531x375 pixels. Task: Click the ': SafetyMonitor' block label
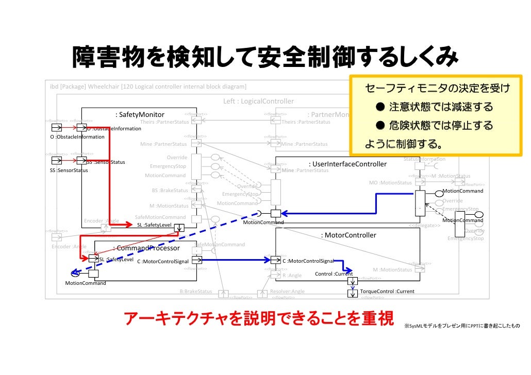point(140,114)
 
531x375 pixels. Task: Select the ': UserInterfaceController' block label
point(347,164)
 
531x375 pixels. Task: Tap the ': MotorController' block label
point(349,235)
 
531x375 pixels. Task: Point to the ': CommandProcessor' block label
point(146,248)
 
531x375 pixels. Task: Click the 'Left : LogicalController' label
point(258,101)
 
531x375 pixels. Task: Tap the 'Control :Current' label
point(334,274)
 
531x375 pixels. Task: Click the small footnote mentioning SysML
point(462,327)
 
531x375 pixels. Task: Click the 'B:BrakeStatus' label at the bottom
point(195,292)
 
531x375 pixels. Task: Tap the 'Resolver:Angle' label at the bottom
point(287,292)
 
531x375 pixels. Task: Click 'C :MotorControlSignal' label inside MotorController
point(308,261)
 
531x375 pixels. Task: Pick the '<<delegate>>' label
point(424,226)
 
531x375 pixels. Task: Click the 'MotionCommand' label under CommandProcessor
point(85,283)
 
